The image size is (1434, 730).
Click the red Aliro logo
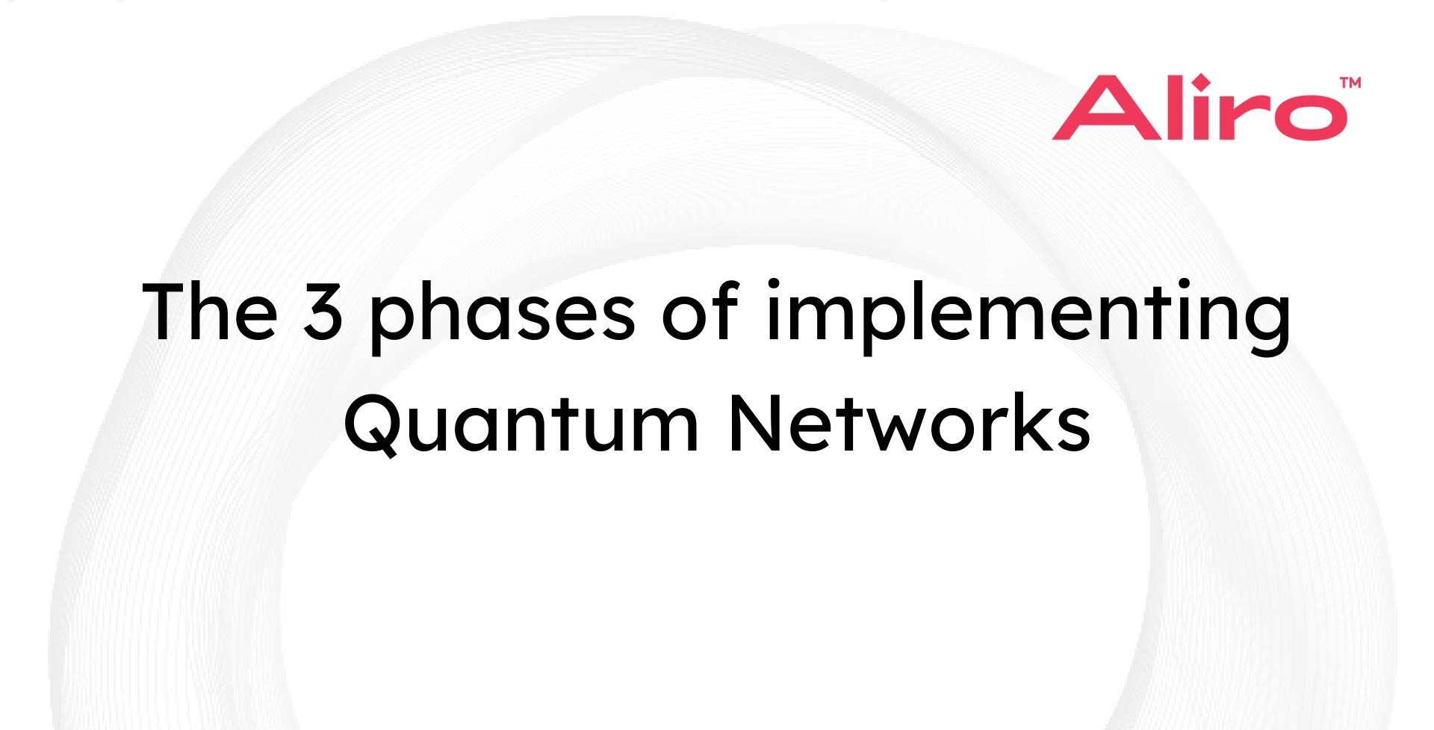pyautogui.click(x=1200, y=108)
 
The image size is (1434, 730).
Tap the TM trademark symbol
pyautogui.click(x=1350, y=82)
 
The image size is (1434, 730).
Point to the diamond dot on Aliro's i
pyautogui.click(x=1201, y=81)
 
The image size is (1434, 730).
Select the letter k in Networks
pyautogui.click(x=1027, y=423)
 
